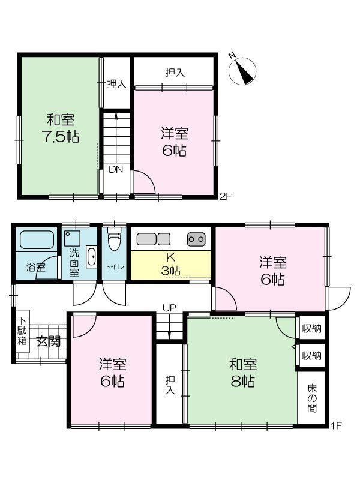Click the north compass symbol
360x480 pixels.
(242, 71)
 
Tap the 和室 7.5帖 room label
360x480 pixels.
(61, 128)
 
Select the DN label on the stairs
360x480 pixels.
(116, 169)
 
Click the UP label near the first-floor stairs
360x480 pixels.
(169, 308)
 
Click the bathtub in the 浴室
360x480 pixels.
(37, 239)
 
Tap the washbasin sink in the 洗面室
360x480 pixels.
(91, 257)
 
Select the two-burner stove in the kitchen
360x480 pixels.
(196, 239)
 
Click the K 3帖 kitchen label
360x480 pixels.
(170, 263)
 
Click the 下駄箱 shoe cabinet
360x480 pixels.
(22, 331)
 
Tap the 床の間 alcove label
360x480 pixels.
(312, 398)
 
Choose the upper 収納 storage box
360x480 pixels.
(311, 328)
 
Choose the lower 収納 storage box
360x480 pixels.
(311, 356)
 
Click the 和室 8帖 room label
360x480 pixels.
(243, 373)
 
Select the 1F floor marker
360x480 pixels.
(336, 425)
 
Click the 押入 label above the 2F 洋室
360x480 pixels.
(175, 73)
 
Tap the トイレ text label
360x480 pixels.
(114, 267)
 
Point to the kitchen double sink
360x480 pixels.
(154, 239)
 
